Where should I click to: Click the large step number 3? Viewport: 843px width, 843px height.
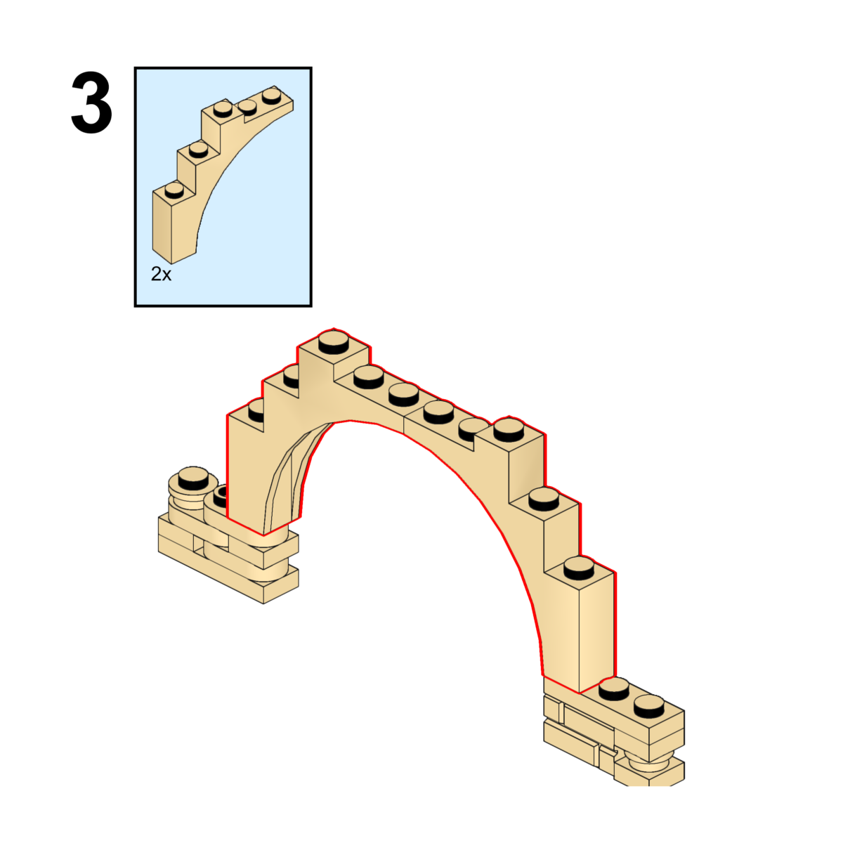(x=91, y=105)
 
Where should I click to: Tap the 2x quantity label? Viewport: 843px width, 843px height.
(x=161, y=274)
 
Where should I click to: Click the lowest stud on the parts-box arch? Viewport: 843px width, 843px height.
(x=173, y=190)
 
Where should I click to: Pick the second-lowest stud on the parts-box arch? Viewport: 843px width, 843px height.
(x=198, y=148)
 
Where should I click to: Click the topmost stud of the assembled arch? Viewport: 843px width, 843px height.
(x=334, y=343)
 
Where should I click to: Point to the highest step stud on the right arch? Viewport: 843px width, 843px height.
(x=508, y=428)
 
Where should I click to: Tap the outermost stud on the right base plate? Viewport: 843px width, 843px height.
(x=648, y=703)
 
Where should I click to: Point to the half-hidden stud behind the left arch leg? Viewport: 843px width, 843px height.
(x=218, y=497)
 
